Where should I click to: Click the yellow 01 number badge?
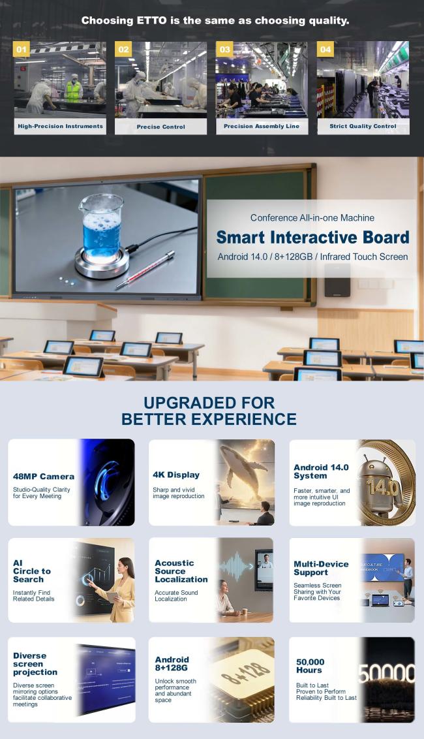click(x=22, y=49)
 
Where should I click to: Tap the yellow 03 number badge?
click(x=224, y=49)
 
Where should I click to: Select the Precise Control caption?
click(x=160, y=127)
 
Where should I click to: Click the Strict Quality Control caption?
click(x=363, y=126)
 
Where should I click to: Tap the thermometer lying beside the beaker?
click(x=145, y=269)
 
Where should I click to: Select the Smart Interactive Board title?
click(x=312, y=237)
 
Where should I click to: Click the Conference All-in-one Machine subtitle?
click(x=312, y=218)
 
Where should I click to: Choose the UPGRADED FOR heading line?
click(x=209, y=403)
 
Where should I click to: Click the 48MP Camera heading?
click(x=43, y=477)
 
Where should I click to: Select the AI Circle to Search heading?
click(x=31, y=571)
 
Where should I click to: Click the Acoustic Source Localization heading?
click(x=181, y=571)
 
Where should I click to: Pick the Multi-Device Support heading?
click(x=321, y=568)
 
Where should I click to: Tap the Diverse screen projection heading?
click(x=35, y=663)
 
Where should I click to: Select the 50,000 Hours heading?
click(x=310, y=666)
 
